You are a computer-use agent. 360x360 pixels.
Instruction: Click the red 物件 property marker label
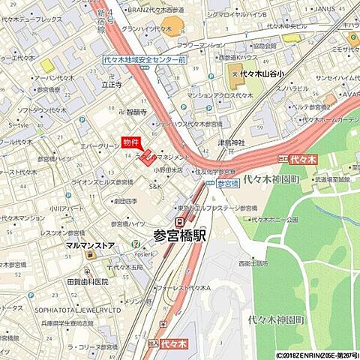[x=131, y=142]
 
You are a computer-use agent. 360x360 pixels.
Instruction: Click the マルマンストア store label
[x=91, y=244]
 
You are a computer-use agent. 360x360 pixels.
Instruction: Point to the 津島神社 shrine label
[x=232, y=142]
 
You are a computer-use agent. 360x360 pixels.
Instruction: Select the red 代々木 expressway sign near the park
[x=298, y=160]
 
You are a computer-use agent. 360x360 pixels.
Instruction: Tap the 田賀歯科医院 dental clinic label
[x=88, y=281]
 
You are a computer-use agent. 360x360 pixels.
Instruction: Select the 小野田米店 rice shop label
[x=169, y=169]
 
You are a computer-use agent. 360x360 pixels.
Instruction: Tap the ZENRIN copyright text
[x=316, y=355]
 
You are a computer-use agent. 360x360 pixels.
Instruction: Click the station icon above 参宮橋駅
[x=179, y=222]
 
